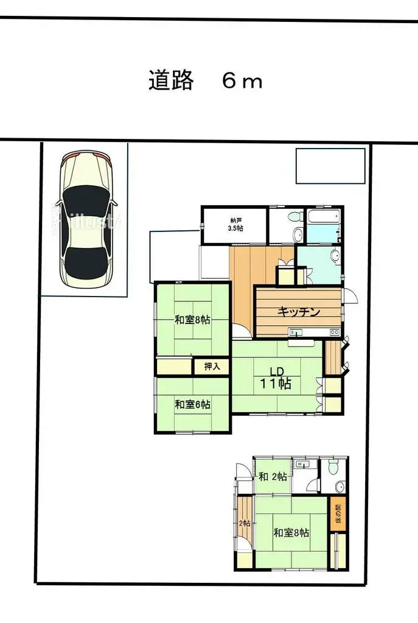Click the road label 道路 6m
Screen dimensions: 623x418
[x=206, y=80]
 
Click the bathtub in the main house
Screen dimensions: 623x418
[x=323, y=218]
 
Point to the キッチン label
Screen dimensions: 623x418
[x=299, y=312]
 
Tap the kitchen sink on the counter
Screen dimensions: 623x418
[x=296, y=333]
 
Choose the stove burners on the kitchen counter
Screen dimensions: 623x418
[x=333, y=333]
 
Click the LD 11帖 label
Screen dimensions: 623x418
[x=277, y=378]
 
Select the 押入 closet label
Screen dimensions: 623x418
[x=212, y=367]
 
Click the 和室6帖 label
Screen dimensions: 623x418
[x=192, y=404]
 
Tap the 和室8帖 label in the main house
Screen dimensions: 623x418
[x=192, y=320]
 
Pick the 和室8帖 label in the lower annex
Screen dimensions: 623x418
[x=291, y=533]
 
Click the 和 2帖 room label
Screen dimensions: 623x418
[x=273, y=477]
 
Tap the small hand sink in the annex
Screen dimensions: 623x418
[x=305, y=465]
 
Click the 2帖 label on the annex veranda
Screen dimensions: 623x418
[x=244, y=523]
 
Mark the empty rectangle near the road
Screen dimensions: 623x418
[x=330, y=165]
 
